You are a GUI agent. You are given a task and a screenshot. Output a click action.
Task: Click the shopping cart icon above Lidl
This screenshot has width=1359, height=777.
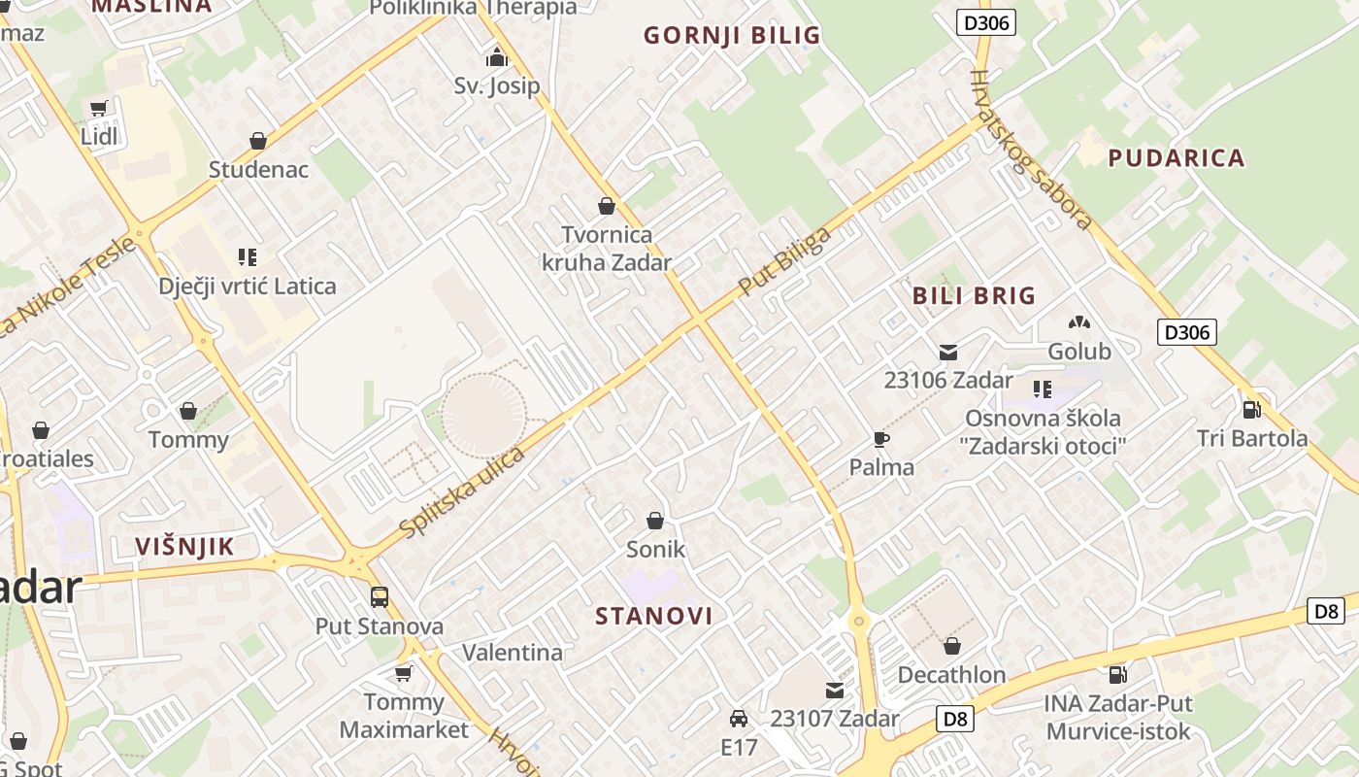98,109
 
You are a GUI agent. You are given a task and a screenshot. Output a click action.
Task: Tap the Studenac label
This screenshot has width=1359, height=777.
258,169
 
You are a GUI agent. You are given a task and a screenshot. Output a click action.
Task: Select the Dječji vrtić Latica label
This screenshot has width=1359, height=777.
248,286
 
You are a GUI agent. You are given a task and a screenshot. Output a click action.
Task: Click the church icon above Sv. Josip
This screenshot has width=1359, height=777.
497,57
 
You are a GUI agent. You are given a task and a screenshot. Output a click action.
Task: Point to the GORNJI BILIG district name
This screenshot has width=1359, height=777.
732,36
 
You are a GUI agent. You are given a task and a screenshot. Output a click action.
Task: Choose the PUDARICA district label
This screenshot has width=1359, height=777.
1176,157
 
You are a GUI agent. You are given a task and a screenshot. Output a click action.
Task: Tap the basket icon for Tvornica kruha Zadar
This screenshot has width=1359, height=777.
607,206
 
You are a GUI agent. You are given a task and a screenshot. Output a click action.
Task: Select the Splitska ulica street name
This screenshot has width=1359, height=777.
462,492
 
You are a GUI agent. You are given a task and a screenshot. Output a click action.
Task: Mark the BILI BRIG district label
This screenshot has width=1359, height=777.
974,296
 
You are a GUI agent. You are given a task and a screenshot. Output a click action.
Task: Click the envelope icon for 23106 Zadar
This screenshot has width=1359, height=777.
948,353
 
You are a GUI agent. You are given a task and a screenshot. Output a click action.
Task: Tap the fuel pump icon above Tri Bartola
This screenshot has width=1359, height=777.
1251,410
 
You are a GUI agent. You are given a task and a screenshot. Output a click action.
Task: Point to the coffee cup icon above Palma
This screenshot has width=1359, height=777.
881,439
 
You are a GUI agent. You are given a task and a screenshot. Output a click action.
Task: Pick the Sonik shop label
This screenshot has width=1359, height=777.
655,549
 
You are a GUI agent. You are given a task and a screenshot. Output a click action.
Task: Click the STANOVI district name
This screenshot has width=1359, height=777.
653,616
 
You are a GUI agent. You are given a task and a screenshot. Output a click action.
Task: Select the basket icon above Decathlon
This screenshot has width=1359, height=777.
951,646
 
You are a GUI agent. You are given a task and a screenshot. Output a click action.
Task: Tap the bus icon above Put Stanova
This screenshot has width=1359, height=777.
380,597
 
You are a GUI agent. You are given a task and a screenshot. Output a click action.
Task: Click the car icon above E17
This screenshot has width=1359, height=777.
739,719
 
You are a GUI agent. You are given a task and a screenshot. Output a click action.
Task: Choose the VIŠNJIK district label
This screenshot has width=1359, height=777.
184,546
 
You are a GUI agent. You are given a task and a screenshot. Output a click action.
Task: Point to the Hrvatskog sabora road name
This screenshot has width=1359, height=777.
1034,149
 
